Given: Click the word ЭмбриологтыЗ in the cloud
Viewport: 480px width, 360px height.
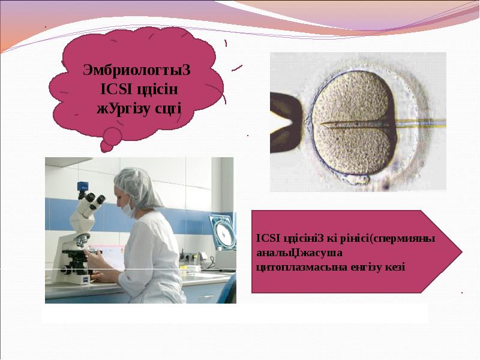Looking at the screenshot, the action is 137,70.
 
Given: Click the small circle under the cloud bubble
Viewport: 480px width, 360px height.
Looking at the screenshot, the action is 112,134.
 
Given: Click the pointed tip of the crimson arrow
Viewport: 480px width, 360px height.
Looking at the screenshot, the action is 462,251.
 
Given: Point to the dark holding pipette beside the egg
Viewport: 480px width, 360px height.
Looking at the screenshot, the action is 286,122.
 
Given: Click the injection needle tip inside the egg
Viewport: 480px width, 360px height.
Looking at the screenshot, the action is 322,124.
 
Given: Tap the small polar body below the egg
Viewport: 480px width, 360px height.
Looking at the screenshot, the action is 357,179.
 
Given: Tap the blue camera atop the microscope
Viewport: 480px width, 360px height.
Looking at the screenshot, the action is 82,186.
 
